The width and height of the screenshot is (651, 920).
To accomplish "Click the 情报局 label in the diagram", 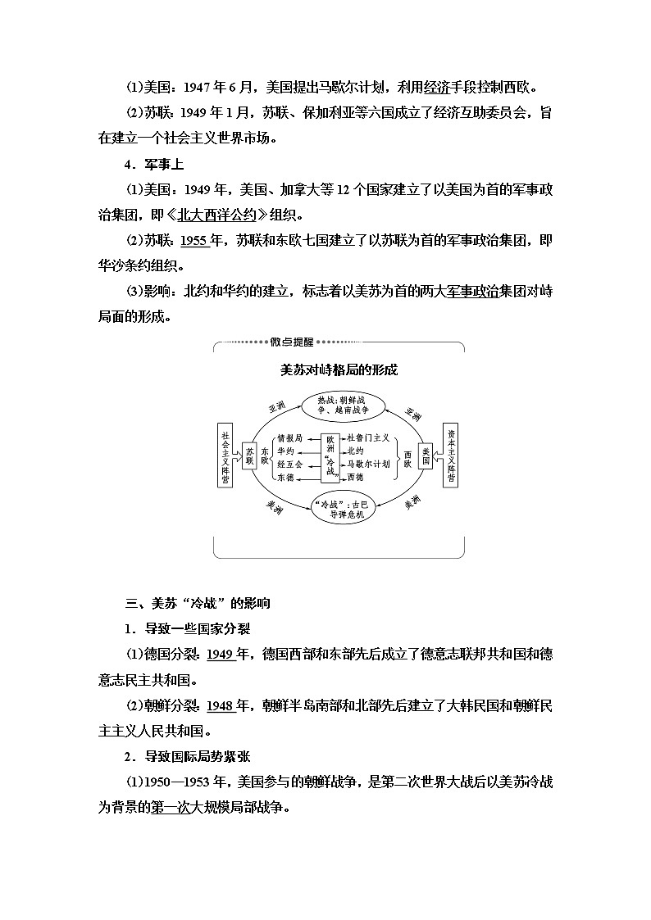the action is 289,438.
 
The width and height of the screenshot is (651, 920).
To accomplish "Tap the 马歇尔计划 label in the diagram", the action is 368,464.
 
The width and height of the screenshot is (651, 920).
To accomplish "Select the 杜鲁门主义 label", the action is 368,438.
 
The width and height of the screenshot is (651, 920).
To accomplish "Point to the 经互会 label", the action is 289,464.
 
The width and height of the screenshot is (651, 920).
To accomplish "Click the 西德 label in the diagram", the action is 354,476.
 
